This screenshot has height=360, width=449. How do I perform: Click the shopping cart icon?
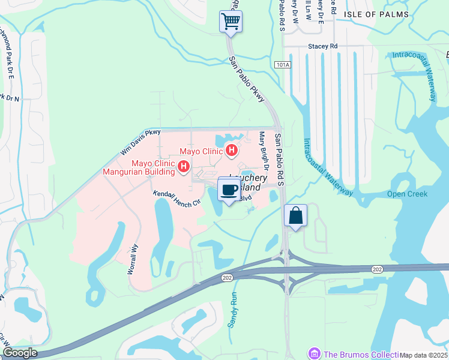(x=231, y=22)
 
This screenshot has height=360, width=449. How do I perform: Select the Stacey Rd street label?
(x=323, y=46)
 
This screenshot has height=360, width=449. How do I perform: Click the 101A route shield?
(x=282, y=64)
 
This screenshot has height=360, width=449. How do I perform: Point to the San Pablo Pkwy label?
(x=247, y=79)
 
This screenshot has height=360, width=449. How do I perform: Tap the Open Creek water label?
(x=407, y=194)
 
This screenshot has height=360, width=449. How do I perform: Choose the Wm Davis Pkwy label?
(x=142, y=141)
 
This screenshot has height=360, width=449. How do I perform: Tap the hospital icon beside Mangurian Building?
(x=184, y=166)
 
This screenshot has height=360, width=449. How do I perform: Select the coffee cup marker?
(x=228, y=191)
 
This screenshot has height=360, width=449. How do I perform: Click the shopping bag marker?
(x=295, y=217)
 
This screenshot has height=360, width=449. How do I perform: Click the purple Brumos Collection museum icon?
(x=313, y=353)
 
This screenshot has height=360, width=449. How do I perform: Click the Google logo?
(x=19, y=353)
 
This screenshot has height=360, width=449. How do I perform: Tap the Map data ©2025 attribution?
(x=424, y=355)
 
